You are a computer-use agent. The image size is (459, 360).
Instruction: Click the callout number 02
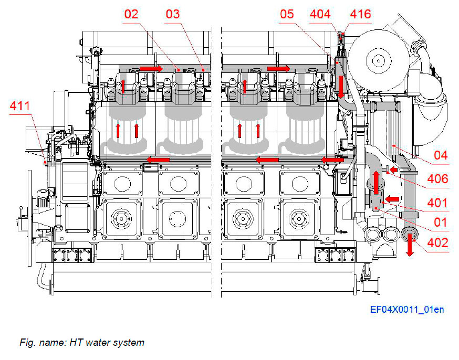(x=131, y=14)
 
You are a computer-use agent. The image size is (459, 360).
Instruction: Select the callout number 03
(x=172, y=14)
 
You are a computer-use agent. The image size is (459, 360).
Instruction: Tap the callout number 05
(x=287, y=14)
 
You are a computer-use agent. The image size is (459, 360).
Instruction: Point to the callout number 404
(x=320, y=14)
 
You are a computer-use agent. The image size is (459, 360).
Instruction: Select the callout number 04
(x=440, y=156)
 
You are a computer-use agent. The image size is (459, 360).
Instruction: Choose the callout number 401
(x=436, y=203)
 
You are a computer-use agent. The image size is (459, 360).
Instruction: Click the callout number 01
(x=440, y=222)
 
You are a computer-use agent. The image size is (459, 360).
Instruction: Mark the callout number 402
(x=436, y=243)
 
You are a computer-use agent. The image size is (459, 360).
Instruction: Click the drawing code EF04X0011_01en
(x=406, y=310)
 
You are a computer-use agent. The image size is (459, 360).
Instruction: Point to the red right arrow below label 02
(x=151, y=69)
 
